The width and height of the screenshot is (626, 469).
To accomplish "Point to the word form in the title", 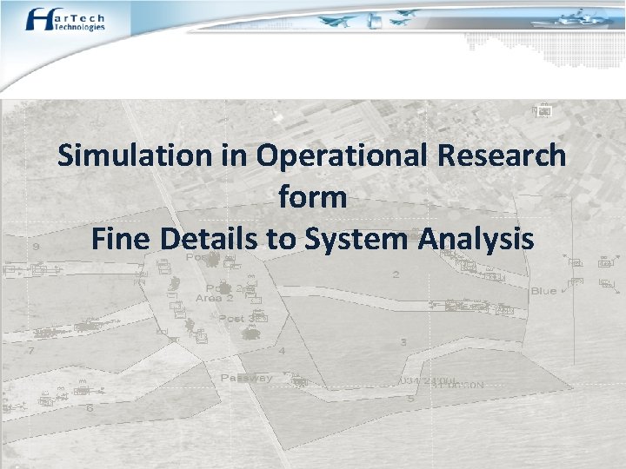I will pos(312,197).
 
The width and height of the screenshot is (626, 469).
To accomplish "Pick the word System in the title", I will pos(354,238).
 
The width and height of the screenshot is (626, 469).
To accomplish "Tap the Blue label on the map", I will pos(543,291).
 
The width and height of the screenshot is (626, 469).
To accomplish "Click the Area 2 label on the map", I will pos(214,298).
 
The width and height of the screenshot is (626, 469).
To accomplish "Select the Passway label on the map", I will pos(246,378).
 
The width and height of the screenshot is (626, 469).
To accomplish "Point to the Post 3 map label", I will pos(235,319).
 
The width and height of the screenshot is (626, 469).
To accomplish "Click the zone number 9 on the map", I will pos(35,248).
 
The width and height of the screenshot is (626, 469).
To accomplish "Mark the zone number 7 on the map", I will pos(31,352).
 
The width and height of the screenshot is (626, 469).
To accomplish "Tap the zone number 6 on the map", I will pos(90,406).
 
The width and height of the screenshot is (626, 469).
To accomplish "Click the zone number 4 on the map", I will pos(281,351).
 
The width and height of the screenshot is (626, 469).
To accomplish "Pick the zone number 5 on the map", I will pos(410,399).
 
